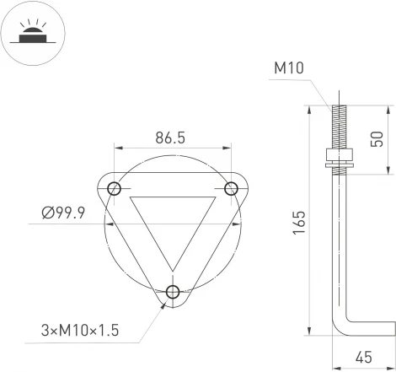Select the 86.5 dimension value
(171, 137)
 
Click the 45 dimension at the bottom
(363, 358)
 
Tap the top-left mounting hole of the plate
(115, 187)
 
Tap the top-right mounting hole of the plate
(230, 187)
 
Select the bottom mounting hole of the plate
(173, 292)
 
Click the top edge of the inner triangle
(173, 199)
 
